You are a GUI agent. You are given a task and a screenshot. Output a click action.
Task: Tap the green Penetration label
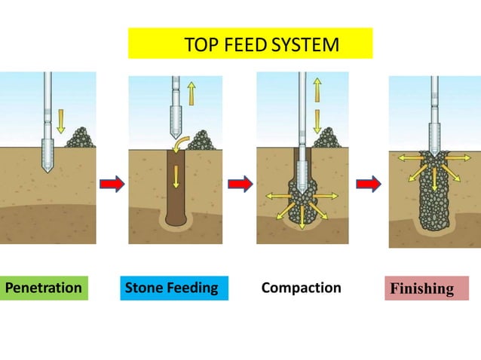[x=44, y=288]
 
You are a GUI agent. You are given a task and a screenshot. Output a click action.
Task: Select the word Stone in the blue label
[x=143, y=288]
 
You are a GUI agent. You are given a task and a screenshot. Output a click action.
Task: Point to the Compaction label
[x=301, y=288]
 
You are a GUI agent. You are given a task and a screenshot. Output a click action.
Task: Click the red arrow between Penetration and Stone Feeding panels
[x=111, y=183]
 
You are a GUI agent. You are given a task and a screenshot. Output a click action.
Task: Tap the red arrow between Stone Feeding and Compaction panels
[x=240, y=183]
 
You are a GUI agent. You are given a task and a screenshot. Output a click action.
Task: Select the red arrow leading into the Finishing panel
[x=368, y=183]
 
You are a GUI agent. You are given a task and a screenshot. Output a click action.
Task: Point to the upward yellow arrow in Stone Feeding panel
[x=191, y=90]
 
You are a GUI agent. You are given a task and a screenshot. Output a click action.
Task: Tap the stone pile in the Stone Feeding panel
[x=201, y=139]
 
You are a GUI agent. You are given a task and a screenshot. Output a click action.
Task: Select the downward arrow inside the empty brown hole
[x=176, y=176]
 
